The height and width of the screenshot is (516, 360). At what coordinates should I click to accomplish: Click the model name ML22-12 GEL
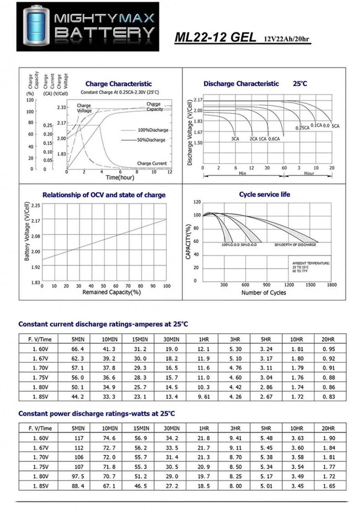(215, 37)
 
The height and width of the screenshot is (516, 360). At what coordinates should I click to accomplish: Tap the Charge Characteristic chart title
(118, 84)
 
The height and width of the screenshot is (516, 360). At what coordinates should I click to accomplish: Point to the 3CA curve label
(235, 139)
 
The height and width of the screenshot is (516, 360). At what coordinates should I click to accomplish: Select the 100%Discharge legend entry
(153, 130)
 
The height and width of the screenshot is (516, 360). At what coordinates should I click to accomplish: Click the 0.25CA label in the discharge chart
(302, 128)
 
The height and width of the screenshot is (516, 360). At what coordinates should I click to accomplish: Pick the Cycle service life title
(264, 194)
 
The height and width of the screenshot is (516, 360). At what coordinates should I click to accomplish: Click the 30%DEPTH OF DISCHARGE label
(295, 245)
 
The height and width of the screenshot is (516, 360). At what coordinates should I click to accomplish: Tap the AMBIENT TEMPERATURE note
(311, 263)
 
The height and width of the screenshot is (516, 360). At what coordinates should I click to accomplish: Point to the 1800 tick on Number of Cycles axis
(331, 285)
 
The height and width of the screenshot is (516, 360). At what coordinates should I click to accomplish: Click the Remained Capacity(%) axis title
(111, 292)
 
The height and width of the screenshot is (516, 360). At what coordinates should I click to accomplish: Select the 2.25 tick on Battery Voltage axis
(35, 205)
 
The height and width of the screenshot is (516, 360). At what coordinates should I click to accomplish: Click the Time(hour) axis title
(120, 178)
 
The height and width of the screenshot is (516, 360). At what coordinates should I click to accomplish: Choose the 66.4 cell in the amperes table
(77, 349)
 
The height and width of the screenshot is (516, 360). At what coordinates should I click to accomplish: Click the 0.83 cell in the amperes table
(328, 397)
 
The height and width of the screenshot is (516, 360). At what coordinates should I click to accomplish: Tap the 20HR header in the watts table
(328, 428)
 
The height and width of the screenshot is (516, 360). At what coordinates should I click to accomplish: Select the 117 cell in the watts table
(79, 438)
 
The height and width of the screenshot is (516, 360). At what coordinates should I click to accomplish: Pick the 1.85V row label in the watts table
(41, 486)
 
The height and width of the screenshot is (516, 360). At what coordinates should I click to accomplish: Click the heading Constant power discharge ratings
(97, 413)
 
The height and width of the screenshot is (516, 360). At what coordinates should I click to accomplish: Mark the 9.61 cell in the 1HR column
(203, 397)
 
